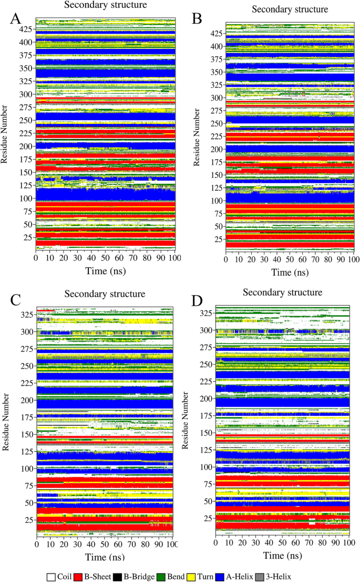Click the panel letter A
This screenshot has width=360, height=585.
click(16, 19)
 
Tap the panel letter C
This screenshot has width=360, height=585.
click(16, 300)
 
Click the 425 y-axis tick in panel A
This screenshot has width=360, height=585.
click(26, 29)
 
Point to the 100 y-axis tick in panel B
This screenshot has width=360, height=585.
click(216, 201)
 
